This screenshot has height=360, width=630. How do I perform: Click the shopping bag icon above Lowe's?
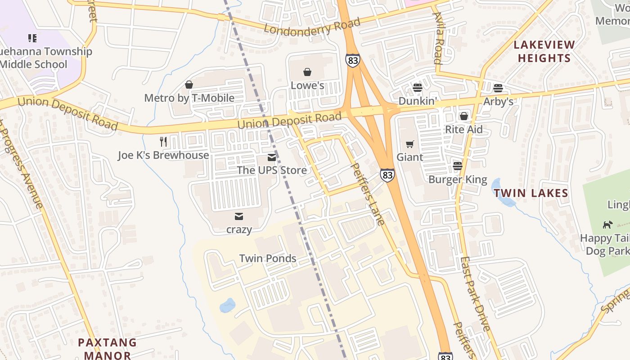(307, 72)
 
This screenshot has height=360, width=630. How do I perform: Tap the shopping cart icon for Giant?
(409, 144)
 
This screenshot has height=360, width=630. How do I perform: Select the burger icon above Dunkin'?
(418, 88)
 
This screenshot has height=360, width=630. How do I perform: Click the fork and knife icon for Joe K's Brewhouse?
(163, 142)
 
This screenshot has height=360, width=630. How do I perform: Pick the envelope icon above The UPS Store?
(272, 157)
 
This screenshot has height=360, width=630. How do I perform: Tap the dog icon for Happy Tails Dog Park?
(607, 224)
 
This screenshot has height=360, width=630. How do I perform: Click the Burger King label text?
(458, 180)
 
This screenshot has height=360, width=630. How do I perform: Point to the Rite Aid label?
(463, 130)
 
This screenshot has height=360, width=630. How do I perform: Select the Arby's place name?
(498, 102)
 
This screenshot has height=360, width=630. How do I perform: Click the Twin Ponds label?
(268, 258)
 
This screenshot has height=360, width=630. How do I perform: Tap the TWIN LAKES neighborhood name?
(531, 193)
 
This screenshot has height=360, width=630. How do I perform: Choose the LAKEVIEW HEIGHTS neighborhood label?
(544, 51)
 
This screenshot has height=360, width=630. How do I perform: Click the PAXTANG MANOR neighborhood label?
(107, 349)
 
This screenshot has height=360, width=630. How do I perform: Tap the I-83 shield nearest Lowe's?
(353, 60)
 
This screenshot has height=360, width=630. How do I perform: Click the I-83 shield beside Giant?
(387, 175)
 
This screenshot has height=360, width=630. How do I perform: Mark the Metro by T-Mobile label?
(189, 98)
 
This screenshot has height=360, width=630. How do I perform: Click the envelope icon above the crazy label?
(239, 216)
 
